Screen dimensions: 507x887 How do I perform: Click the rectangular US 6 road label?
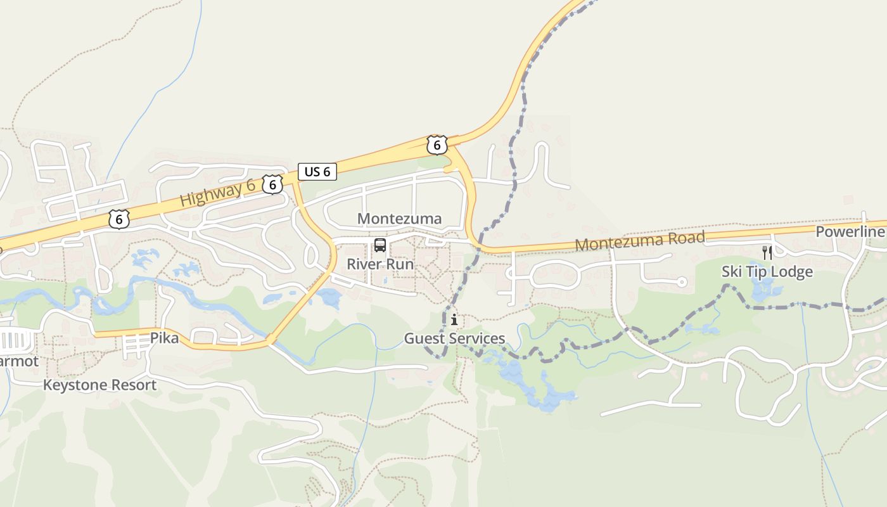click(317, 171)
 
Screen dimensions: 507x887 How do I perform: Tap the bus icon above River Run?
click(380, 245)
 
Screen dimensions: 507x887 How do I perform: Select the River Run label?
click(380, 264)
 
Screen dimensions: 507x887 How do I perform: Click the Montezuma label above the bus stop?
click(399, 219)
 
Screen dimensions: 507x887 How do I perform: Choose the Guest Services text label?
click(454, 338)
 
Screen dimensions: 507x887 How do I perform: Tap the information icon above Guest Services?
click(454, 320)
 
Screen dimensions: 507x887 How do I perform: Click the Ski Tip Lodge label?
click(767, 272)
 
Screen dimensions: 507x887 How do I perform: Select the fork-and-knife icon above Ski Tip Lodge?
click(767, 253)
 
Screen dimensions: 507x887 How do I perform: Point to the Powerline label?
click(849, 232)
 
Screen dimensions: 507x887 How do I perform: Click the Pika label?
click(165, 338)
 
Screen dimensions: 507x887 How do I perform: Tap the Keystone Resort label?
click(99, 385)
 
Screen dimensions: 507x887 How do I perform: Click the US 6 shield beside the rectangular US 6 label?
click(272, 184)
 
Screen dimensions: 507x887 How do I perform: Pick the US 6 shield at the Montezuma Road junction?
click(437, 145)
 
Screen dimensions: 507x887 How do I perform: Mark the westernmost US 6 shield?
click(118, 219)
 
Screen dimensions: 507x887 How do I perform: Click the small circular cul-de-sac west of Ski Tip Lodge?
click(682, 282)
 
